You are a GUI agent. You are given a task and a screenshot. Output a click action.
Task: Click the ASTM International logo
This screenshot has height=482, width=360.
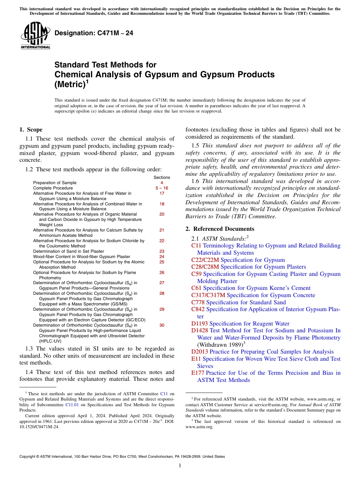(35, 36)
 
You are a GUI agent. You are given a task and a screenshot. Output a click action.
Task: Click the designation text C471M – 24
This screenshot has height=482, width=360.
(94, 33)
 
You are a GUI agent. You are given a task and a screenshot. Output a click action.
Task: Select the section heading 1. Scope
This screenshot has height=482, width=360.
(31, 130)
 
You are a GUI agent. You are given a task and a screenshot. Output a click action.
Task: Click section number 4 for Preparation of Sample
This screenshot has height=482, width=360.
(162, 183)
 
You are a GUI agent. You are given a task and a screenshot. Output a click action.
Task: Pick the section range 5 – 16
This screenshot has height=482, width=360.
(162, 188)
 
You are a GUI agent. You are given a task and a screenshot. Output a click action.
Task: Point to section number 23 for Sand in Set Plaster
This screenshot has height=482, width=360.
(162, 251)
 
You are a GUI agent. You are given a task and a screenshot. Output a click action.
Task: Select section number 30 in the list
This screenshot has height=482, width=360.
(162, 325)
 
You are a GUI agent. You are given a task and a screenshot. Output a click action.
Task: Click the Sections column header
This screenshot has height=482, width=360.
(162, 177)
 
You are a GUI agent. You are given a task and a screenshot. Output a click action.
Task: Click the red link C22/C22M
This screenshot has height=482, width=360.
(205, 260)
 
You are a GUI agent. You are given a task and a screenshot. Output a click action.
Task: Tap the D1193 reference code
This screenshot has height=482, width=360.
(199, 324)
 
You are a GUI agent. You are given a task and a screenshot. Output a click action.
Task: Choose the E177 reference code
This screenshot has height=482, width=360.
(198, 373)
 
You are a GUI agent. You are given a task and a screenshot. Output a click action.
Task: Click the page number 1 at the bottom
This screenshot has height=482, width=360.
(180, 466)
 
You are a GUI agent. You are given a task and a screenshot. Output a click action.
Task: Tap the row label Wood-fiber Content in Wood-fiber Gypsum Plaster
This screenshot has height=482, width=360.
(81, 257)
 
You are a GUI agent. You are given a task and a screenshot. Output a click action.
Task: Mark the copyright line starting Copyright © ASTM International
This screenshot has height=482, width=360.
(122, 457)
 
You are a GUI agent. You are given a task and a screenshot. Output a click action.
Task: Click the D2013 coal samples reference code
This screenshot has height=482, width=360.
(200, 352)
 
